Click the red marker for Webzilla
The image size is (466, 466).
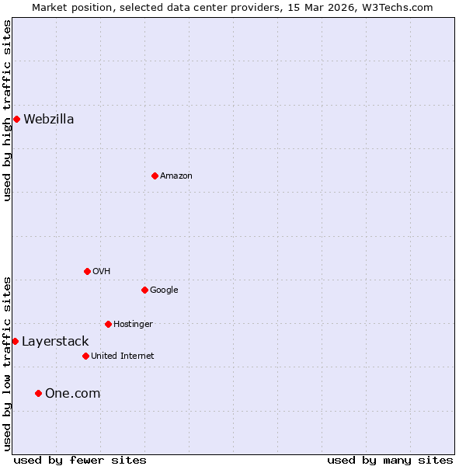click(x=16, y=119)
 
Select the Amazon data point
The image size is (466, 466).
click(x=155, y=176)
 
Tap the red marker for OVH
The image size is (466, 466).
click(x=87, y=271)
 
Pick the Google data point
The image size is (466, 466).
click(x=144, y=290)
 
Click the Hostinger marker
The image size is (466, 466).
click(x=108, y=324)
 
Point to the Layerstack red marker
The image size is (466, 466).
click(x=15, y=341)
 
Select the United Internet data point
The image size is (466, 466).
click(x=85, y=356)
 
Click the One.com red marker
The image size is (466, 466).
click(x=38, y=393)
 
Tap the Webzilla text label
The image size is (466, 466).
click(x=48, y=119)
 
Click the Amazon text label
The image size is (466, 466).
click(x=176, y=176)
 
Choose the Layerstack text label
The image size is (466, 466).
click(x=55, y=341)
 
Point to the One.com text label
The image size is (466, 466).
click(x=72, y=393)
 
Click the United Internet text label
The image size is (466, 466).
click(x=122, y=356)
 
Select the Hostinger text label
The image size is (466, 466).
click(x=133, y=324)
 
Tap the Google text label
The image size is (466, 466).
click(x=164, y=290)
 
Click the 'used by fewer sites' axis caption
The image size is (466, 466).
click(x=80, y=460)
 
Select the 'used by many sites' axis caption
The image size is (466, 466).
click(x=390, y=460)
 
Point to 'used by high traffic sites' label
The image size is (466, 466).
click(x=7, y=110)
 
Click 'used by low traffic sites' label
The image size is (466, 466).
click(x=7, y=363)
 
